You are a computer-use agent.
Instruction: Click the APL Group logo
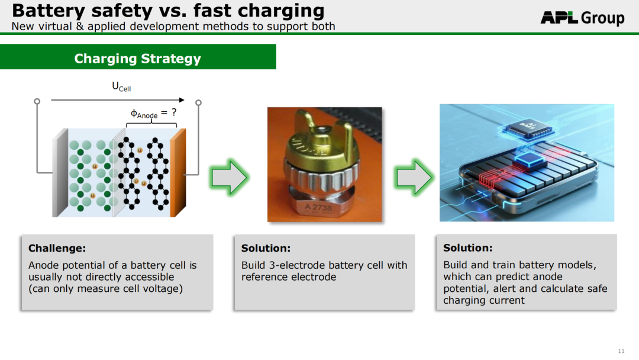click(x=582, y=18)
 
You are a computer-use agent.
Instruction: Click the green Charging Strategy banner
click(x=138, y=57)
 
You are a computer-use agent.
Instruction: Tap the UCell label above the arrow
click(x=121, y=86)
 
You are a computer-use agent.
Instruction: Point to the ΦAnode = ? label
click(x=154, y=113)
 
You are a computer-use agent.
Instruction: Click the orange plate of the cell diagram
click(x=178, y=172)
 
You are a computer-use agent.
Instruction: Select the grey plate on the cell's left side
click(x=60, y=172)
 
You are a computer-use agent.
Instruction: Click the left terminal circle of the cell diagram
click(x=37, y=101)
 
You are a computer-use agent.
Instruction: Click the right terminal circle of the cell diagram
click(x=198, y=102)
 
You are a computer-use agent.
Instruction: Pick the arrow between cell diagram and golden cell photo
click(x=229, y=177)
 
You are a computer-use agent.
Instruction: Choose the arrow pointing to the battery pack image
click(x=414, y=177)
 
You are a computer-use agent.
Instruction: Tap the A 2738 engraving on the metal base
click(x=318, y=207)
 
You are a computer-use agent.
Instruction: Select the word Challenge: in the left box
click(x=57, y=248)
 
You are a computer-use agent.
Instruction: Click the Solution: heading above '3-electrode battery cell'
click(x=266, y=248)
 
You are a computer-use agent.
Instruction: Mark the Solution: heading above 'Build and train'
click(x=468, y=247)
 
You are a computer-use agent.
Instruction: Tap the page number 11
click(x=621, y=351)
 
